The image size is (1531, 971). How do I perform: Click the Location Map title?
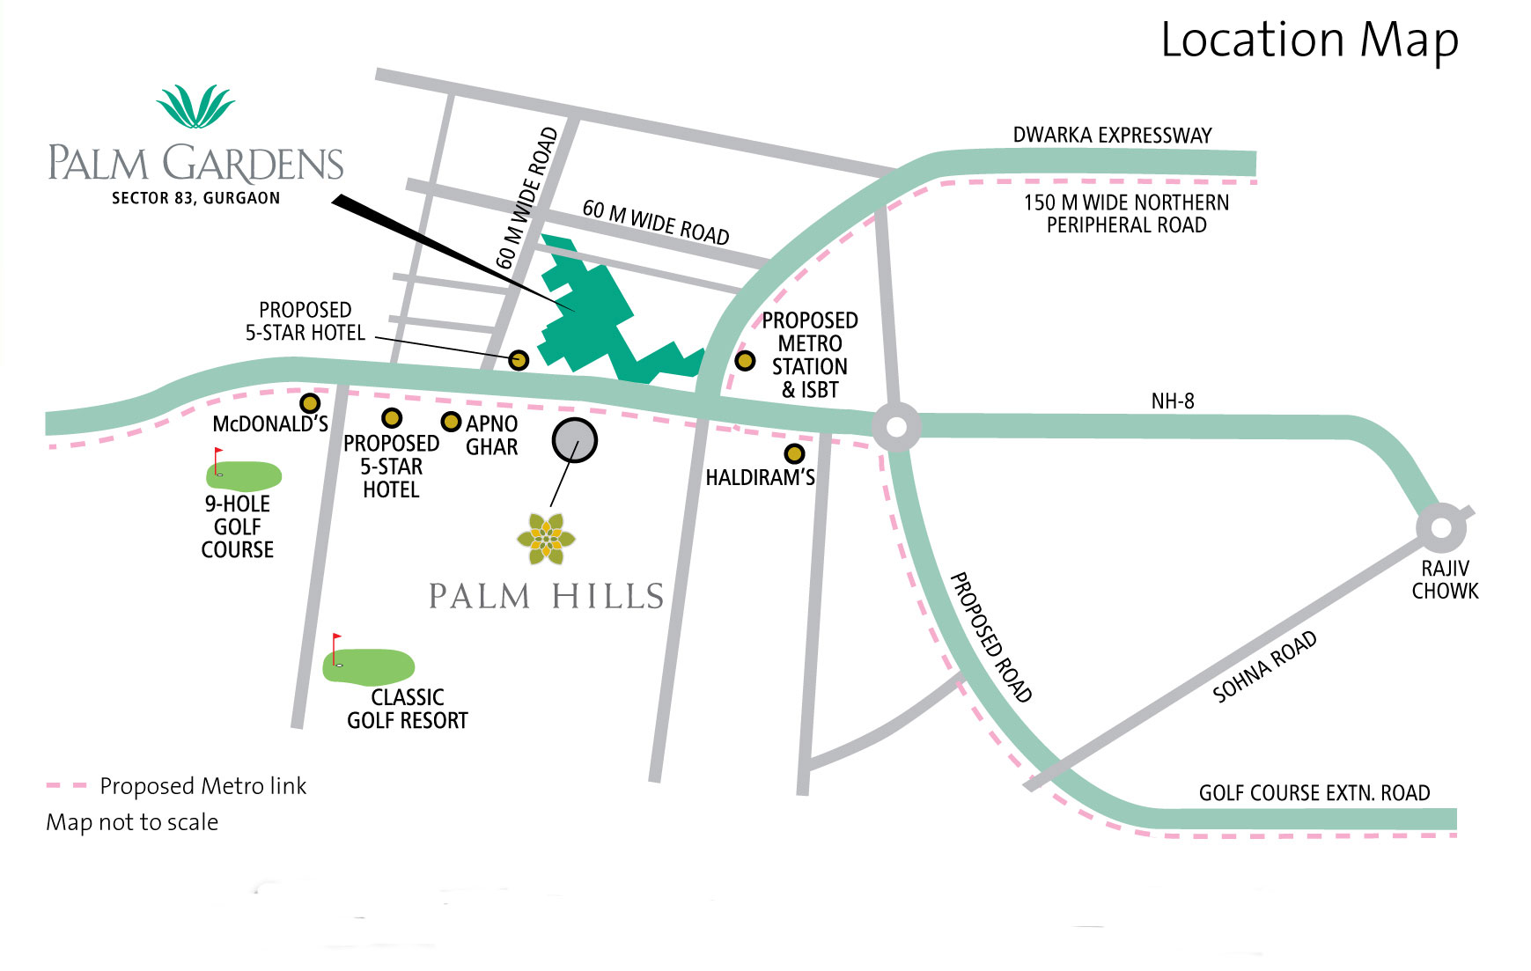1309,40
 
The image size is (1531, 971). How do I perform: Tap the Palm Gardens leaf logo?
195,107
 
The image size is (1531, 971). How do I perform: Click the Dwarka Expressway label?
1112,136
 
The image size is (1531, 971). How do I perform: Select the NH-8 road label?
1173,401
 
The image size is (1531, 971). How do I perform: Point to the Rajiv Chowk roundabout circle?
1441,528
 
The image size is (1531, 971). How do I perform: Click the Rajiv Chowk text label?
1445,579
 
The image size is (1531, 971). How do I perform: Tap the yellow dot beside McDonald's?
310,403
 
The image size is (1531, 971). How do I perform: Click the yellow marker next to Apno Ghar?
451,422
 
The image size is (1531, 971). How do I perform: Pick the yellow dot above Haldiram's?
794,453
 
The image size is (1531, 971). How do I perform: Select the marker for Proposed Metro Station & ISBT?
745,360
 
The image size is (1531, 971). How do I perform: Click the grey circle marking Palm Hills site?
575,440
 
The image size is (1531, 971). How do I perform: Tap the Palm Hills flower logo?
546,538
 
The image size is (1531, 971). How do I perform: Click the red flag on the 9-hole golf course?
218,453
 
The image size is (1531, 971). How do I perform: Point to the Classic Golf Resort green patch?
370,666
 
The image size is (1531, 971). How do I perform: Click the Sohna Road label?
1264,666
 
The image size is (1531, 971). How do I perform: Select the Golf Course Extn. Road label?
1314,793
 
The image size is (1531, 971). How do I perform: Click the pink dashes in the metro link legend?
67,785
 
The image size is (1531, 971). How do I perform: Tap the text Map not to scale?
132,822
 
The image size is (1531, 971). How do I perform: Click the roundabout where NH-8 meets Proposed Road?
896,427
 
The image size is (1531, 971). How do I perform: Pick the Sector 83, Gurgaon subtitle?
195,198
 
